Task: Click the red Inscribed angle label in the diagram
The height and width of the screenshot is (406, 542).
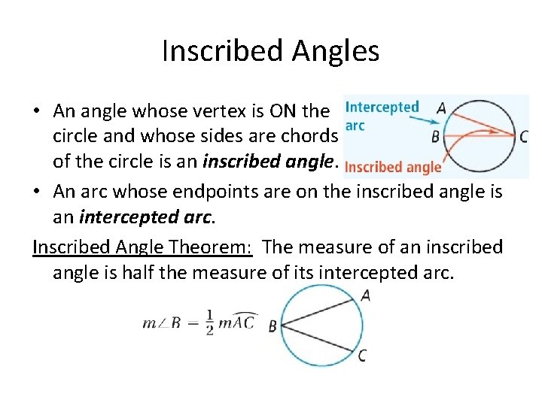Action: (x=393, y=168)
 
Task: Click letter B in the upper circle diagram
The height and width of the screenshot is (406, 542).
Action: (x=435, y=137)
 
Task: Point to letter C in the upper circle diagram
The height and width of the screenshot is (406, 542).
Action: (x=524, y=137)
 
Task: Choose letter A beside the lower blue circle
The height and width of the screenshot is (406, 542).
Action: (x=365, y=295)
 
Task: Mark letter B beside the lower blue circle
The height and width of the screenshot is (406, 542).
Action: (x=273, y=326)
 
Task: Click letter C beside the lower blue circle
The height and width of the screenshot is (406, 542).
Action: (x=363, y=356)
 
